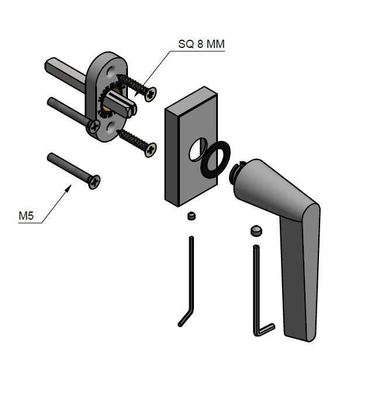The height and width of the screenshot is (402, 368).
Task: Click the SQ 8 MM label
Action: click(202, 44)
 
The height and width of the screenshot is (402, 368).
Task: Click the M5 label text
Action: click(26, 216)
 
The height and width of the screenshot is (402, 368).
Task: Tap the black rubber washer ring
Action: click(216, 160)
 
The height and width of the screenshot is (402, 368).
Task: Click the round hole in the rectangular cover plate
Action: click(198, 150)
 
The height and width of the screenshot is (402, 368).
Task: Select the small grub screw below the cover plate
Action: click(192, 216)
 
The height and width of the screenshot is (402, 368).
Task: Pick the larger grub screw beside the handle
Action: click(256, 230)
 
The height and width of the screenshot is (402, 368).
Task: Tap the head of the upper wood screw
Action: click(151, 94)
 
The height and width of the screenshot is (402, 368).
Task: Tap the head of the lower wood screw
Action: click(151, 150)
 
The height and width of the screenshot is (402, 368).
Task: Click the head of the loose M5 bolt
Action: click(94, 182)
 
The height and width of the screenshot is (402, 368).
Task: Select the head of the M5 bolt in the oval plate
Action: click(94, 126)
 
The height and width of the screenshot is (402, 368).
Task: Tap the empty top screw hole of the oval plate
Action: click(110, 71)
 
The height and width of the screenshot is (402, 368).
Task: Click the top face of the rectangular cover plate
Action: click(191, 99)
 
